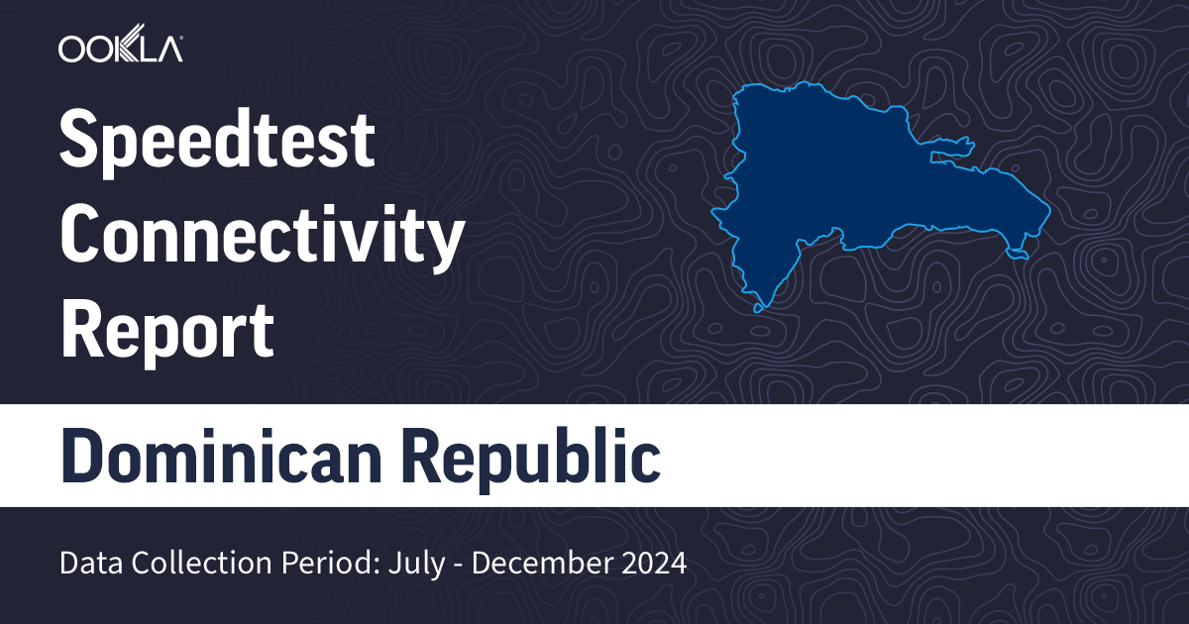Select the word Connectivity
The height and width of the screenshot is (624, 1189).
point(262,238)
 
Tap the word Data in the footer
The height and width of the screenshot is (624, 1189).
point(84,564)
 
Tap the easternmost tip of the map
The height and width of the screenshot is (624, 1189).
point(1047,210)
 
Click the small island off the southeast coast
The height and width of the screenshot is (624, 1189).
point(1019,257)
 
